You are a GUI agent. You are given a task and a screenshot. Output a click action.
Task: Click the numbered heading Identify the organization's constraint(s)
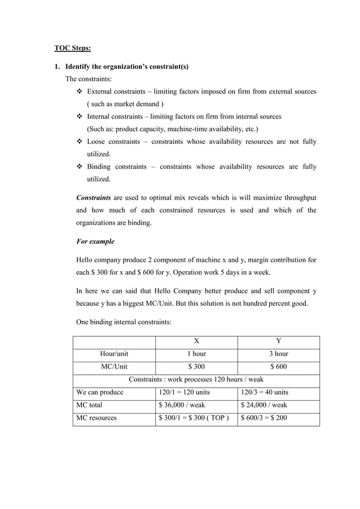point(127,67)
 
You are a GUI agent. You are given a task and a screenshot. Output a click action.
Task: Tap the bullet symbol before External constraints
point(79,91)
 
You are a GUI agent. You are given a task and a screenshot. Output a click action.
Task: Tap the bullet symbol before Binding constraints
point(79,167)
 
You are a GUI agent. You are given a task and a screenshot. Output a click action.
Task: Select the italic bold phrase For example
point(95,242)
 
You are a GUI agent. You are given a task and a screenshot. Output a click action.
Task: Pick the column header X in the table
point(196,341)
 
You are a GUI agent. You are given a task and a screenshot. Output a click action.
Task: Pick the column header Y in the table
point(278,341)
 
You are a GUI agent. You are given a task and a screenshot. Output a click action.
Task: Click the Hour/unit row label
point(114,354)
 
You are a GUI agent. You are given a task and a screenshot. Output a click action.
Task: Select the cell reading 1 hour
point(196,354)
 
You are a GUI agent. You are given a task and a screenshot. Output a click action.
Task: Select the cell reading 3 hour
point(278,354)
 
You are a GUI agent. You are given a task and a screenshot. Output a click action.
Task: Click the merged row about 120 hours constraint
point(196,379)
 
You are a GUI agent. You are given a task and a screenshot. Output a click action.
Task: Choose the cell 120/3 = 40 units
point(264,392)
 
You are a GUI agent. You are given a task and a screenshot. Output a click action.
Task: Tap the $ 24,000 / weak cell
point(264,405)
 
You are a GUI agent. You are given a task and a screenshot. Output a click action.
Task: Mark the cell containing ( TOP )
point(196,418)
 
